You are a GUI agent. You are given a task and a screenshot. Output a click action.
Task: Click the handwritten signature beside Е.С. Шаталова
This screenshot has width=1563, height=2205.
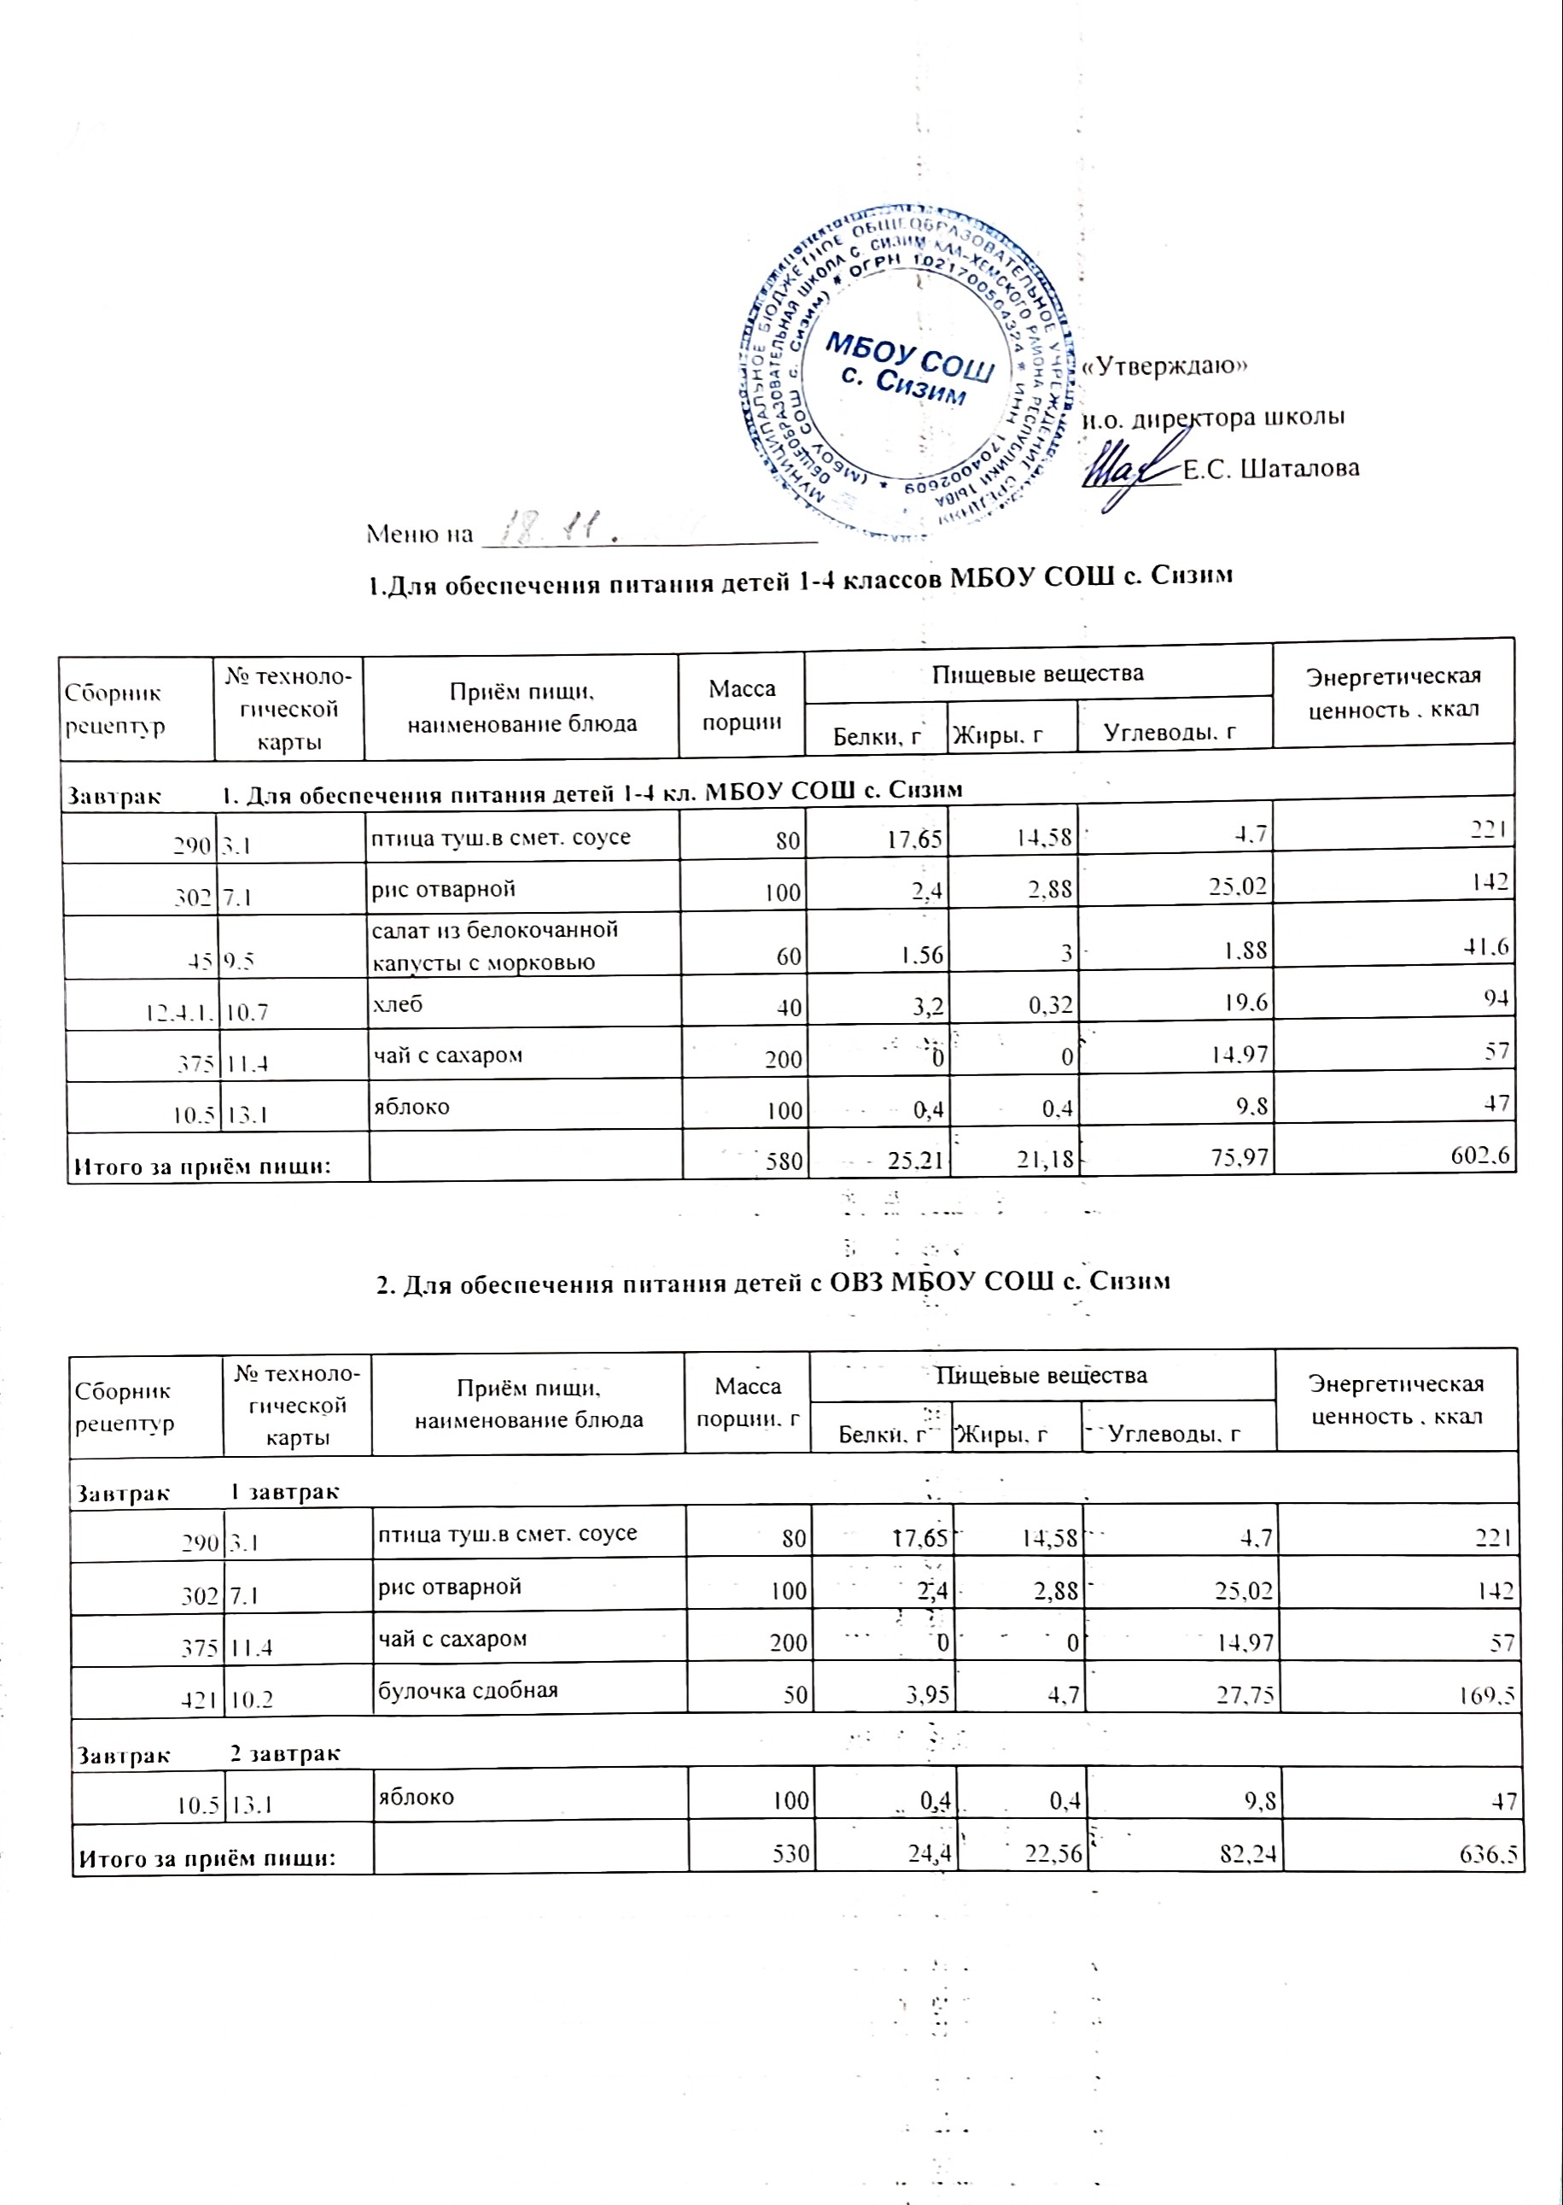1132,470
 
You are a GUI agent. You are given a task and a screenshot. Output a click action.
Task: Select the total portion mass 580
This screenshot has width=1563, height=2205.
784,1161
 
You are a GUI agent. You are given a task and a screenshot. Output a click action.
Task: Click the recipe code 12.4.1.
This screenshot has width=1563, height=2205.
180,1012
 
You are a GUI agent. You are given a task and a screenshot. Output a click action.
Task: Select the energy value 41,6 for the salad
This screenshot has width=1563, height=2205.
1486,947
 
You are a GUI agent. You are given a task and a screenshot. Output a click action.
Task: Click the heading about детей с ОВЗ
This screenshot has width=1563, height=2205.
773,1283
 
